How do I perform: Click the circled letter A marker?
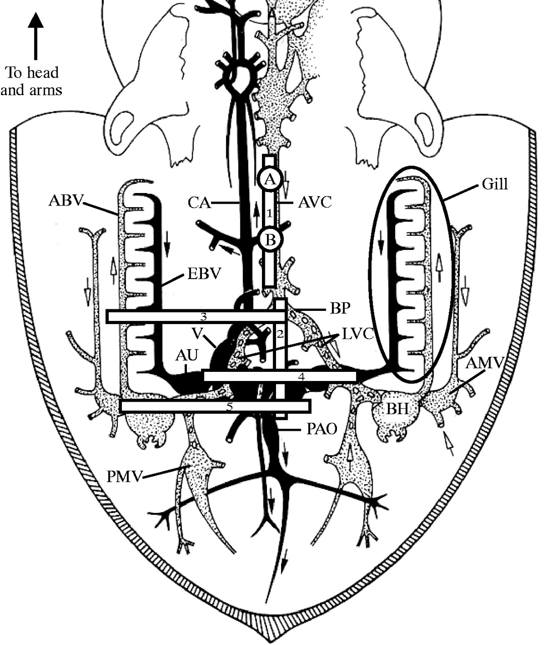pyautogui.click(x=271, y=179)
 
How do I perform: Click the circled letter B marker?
pyautogui.click(x=271, y=239)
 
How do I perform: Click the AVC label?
pyautogui.click(x=315, y=203)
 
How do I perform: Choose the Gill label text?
pyautogui.click(x=494, y=184)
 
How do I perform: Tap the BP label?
pyautogui.click(x=317, y=308)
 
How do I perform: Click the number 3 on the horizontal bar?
pyautogui.click(x=203, y=316)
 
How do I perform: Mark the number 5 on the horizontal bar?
pyautogui.click(x=229, y=407)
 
